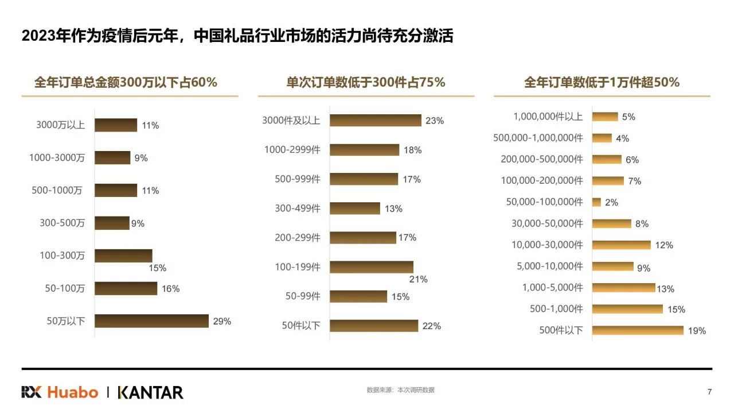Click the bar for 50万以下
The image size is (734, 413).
point(151,321)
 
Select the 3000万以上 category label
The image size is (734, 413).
point(60,125)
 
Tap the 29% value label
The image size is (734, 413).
point(222,322)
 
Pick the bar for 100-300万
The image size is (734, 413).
point(123,256)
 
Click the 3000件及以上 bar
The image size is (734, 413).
point(375,120)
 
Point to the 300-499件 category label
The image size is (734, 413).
point(297,209)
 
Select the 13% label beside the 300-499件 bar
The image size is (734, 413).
point(393,209)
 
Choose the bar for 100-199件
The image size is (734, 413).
point(371,267)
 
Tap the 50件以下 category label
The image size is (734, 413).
point(301,326)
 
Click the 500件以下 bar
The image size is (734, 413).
point(638,330)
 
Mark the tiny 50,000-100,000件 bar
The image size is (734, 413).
point(596,202)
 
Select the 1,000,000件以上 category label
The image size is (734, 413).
point(548,117)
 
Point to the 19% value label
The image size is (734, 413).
point(697,331)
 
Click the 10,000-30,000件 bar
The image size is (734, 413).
point(621,245)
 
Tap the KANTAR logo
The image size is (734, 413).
point(150,392)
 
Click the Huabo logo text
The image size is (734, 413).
point(72,392)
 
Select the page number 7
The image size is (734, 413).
point(709,392)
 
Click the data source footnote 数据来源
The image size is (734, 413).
point(400,390)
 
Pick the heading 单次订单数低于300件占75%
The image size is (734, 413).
point(366,82)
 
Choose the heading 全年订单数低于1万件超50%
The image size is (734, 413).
point(602,82)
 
